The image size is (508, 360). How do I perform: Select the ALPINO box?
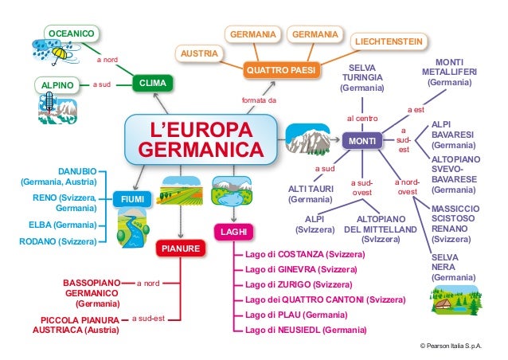tap(57, 84)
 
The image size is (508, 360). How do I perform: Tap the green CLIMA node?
tap(152, 84)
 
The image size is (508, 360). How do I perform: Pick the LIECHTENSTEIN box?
tap(388, 41)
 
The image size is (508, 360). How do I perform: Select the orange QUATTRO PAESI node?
tap(281, 71)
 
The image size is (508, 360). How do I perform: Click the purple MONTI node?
tap(362, 142)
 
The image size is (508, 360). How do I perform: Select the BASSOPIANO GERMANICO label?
tap(91, 292)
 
